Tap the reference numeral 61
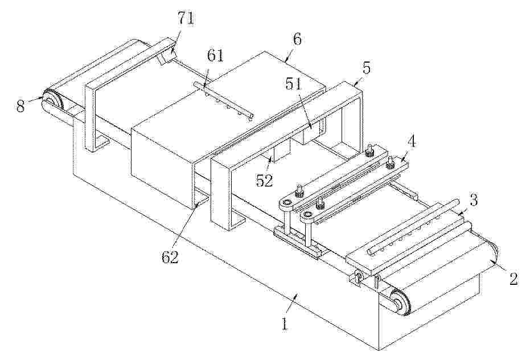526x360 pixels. point(215,55)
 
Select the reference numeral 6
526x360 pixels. point(297,39)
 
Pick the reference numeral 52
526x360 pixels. point(265,181)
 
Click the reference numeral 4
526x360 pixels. point(412,142)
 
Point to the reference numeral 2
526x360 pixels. point(513,279)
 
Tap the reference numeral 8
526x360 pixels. point(20,107)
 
